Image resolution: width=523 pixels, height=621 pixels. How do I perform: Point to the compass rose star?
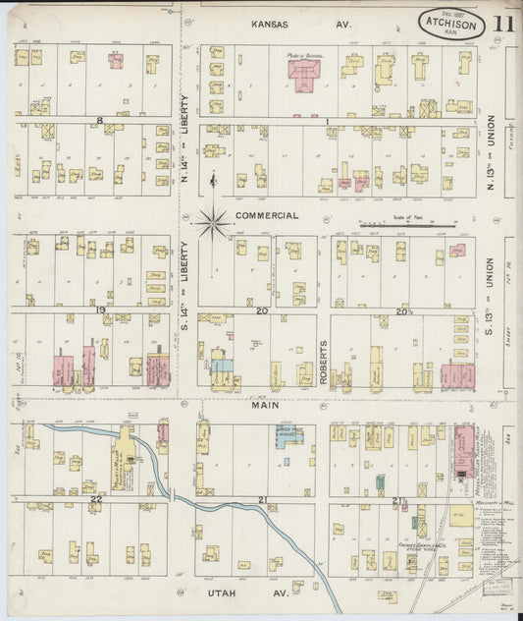(212, 223)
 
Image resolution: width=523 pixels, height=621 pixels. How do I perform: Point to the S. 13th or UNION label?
(490, 274)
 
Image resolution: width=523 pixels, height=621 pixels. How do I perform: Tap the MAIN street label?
(263, 404)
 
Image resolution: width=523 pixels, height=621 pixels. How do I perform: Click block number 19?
(101, 310)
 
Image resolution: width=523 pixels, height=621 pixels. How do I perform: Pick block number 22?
(95, 499)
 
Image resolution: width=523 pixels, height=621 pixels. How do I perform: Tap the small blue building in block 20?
(223, 365)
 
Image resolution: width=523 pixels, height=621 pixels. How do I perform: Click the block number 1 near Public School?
(326, 120)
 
